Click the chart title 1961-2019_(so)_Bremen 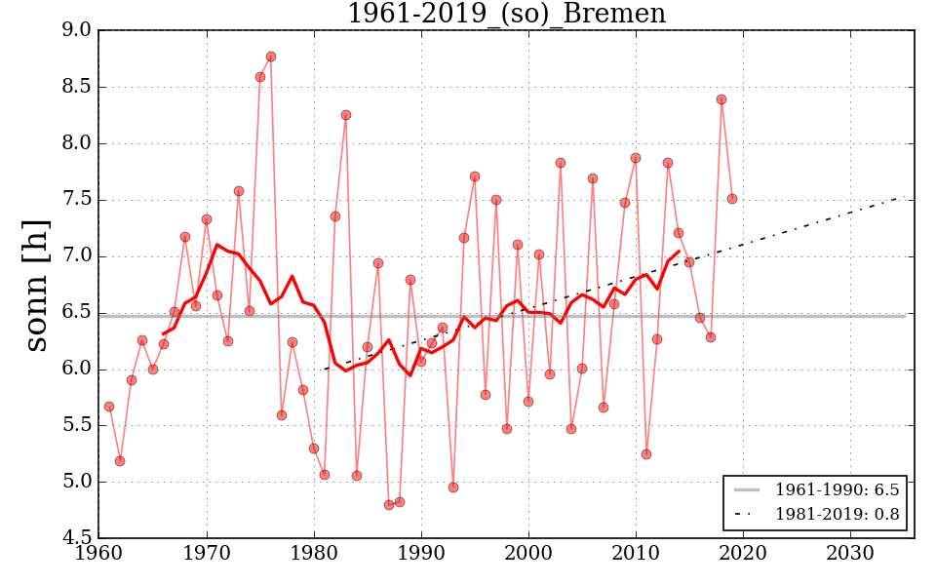(x=506, y=15)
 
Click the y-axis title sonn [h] (x=36, y=284)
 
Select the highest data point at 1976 (x=271, y=57)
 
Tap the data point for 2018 (x=721, y=99)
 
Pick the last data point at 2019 (x=732, y=199)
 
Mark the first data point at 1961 (x=109, y=407)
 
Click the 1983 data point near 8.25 (x=346, y=115)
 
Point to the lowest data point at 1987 (x=389, y=505)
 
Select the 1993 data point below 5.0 (x=453, y=487)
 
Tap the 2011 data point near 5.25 (x=646, y=454)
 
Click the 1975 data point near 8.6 (x=260, y=77)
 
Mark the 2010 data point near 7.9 (x=636, y=158)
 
